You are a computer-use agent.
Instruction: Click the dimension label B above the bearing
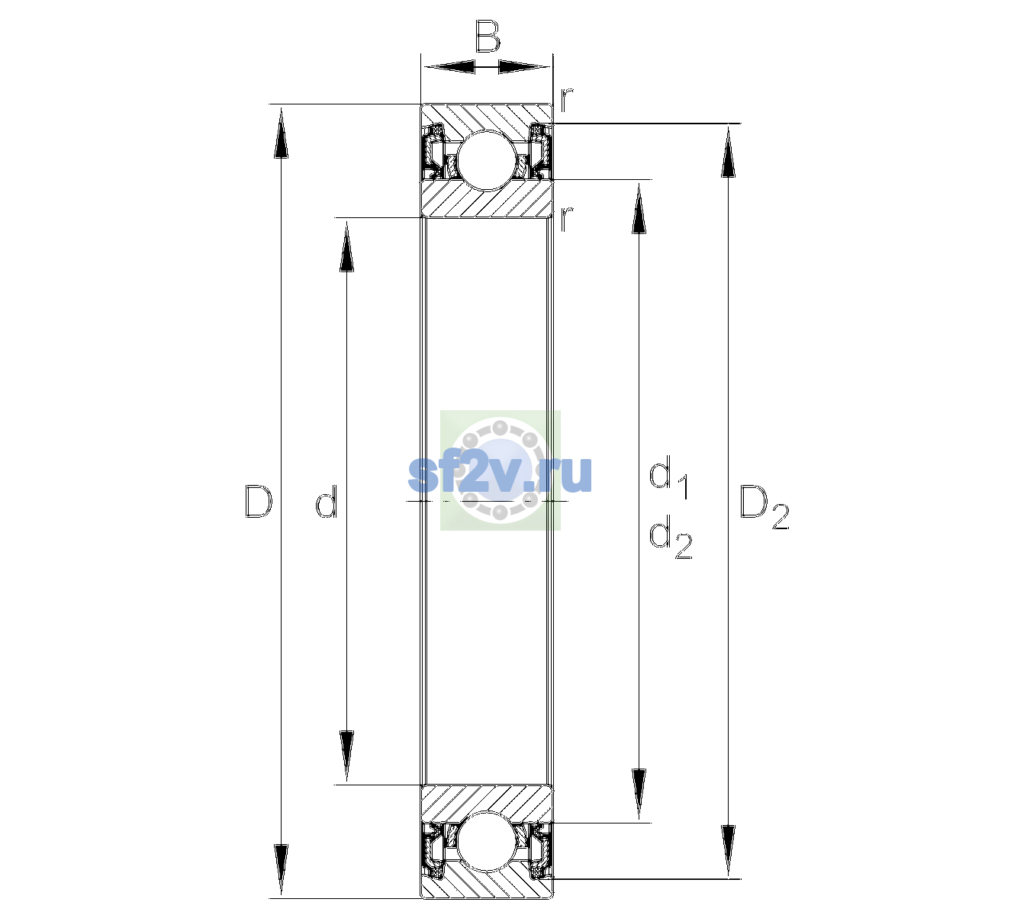[487, 37]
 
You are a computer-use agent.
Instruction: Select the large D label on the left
[258, 501]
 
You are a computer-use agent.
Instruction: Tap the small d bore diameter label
[326, 502]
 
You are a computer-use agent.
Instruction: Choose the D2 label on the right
[764, 506]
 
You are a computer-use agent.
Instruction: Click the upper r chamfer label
[567, 99]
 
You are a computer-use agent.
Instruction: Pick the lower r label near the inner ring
[566, 219]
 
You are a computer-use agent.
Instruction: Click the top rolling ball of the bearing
[487, 161]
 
